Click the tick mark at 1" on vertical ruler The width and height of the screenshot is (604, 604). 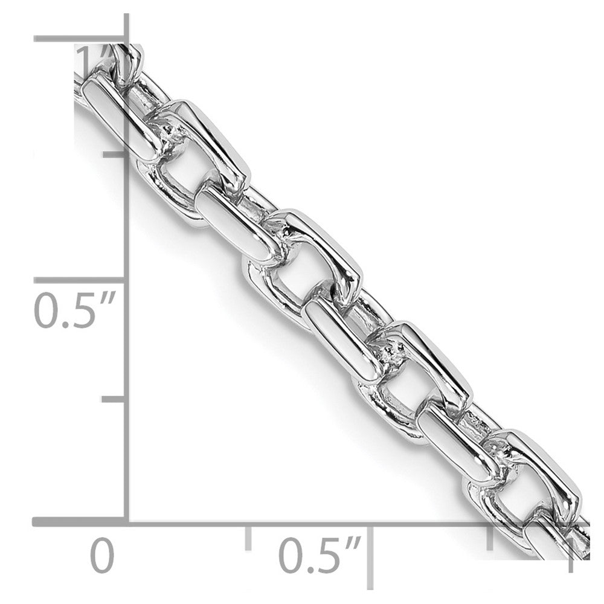(x=79, y=39)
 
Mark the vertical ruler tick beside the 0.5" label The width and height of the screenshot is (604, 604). (x=79, y=280)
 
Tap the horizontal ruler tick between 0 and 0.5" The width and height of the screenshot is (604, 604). (x=248, y=538)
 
